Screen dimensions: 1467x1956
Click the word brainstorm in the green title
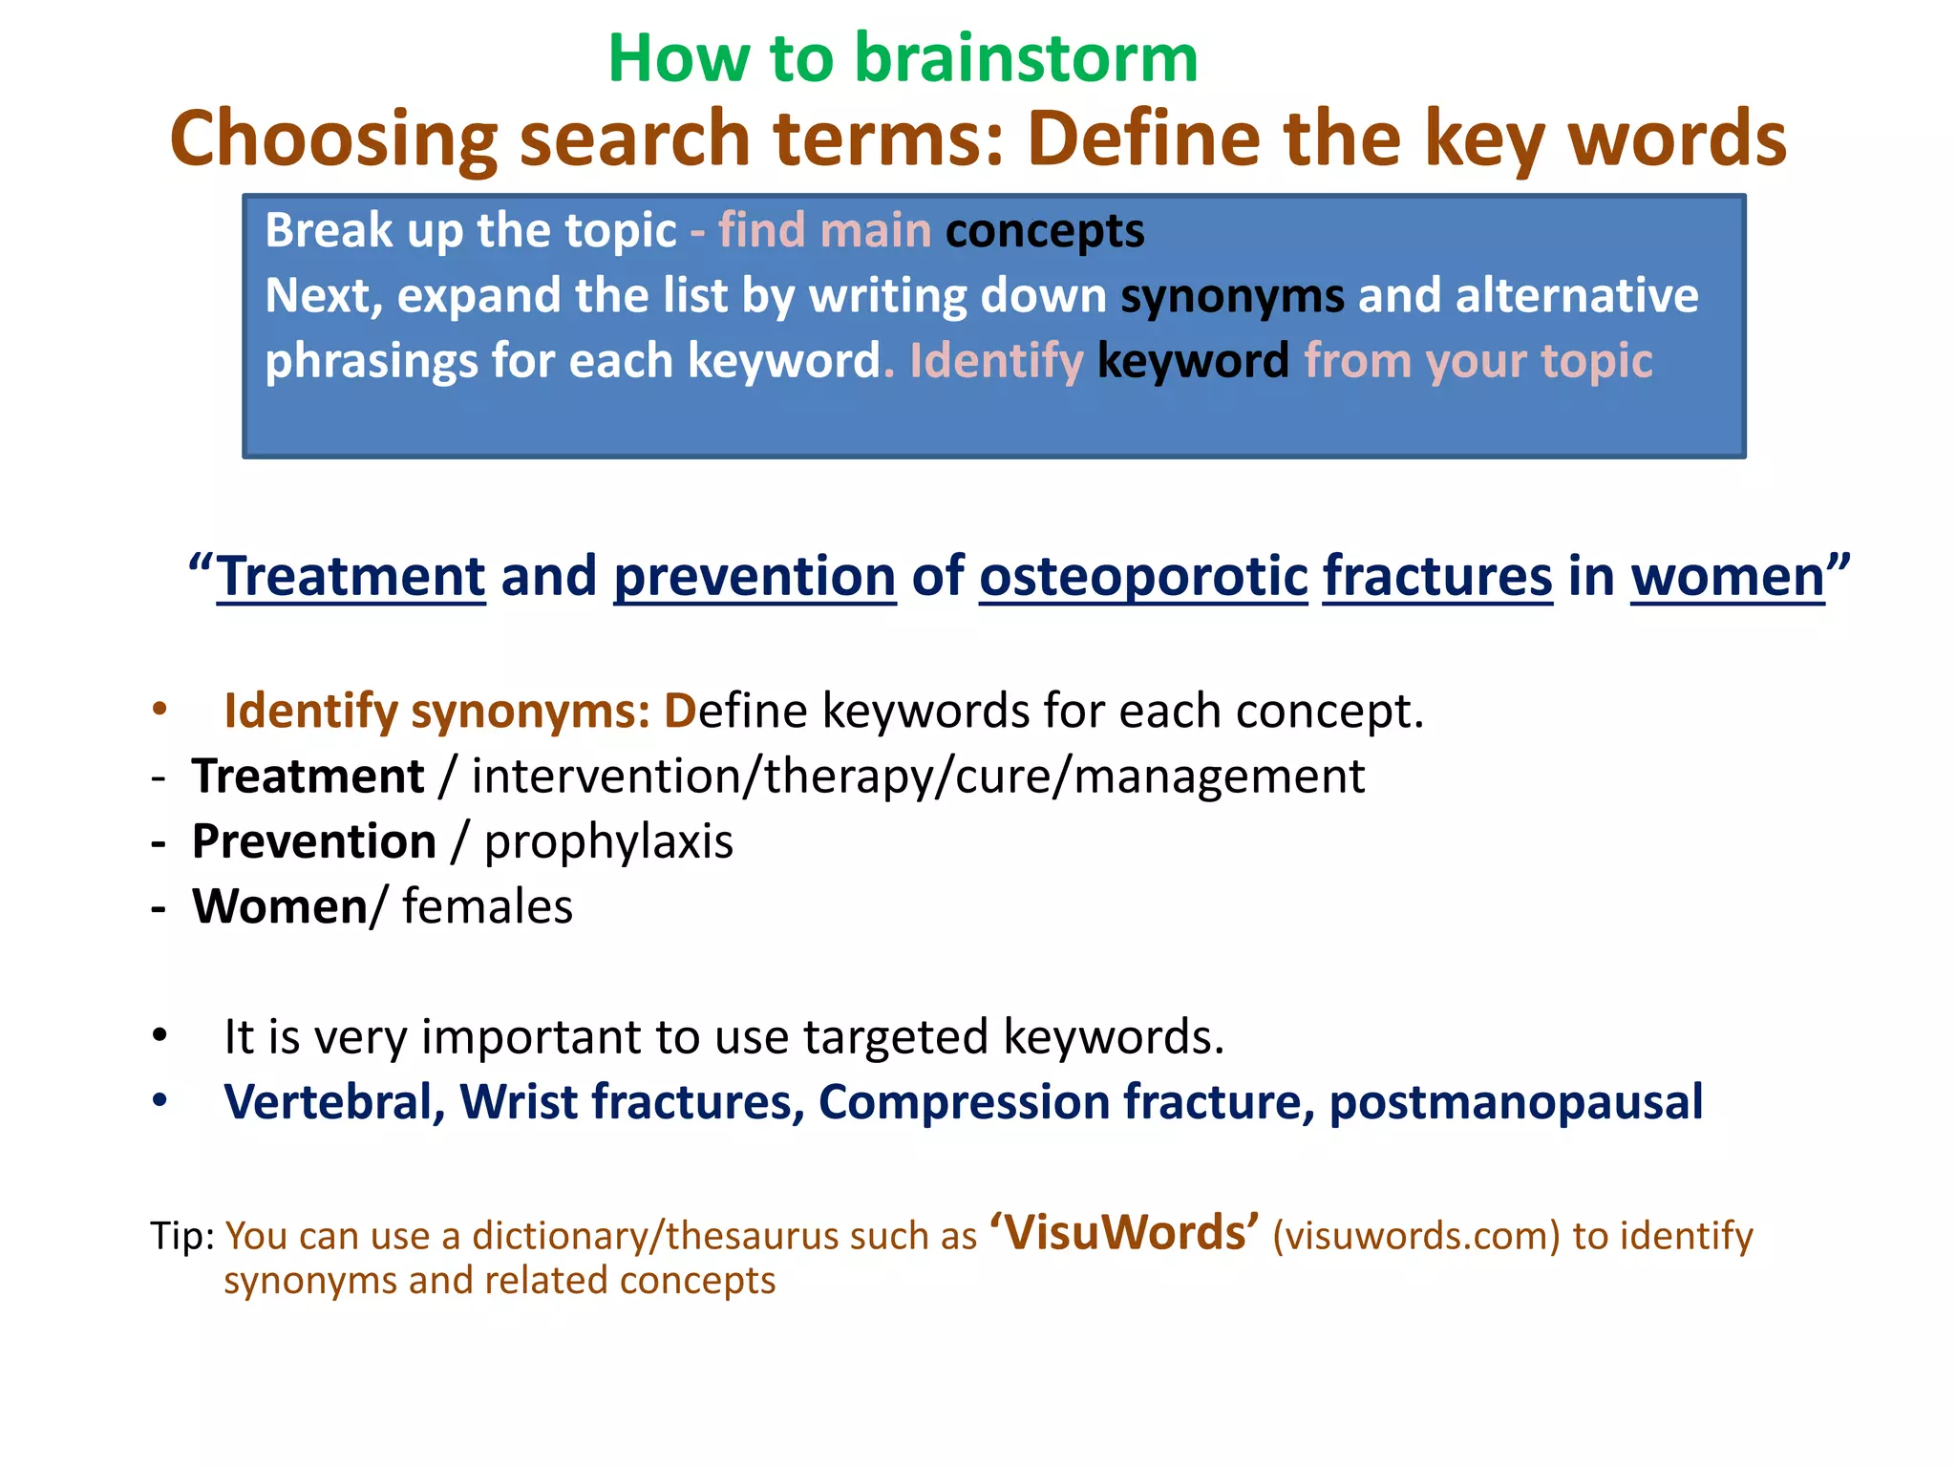click(1026, 59)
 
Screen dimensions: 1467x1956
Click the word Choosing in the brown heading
click(333, 139)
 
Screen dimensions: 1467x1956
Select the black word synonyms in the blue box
click(1232, 297)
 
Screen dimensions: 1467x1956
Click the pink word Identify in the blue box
click(996, 362)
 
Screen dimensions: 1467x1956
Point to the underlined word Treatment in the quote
click(351, 578)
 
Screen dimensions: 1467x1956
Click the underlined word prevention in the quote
click(755, 578)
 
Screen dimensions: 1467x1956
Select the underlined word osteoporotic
click(1143, 578)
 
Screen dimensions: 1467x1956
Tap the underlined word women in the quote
click(1727, 578)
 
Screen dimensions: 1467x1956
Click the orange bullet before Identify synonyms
click(159, 709)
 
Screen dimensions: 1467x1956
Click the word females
click(487, 907)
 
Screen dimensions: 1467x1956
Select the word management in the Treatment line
click(1220, 776)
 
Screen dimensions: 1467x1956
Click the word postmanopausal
click(1516, 1102)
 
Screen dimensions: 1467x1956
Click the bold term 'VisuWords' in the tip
click(1124, 1232)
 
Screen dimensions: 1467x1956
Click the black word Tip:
click(183, 1237)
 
